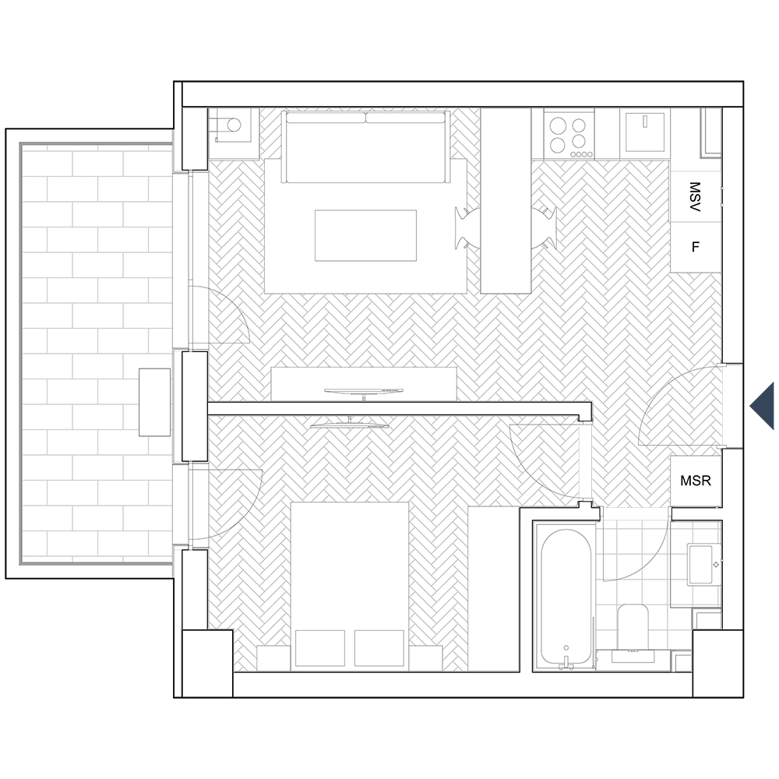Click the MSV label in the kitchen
pyautogui.click(x=695, y=197)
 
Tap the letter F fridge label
pyautogui.click(x=696, y=246)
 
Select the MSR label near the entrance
pyautogui.click(x=696, y=481)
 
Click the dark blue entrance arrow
pyautogui.click(x=762, y=406)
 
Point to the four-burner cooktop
pyautogui.click(x=569, y=134)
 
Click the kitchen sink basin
pyautogui.click(x=645, y=132)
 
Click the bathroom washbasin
pyautogui.click(x=703, y=564)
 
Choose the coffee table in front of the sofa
pyautogui.click(x=365, y=235)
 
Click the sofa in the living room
pyautogui.click(x=365, y=147)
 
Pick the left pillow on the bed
pyautogui.click(x=320, y=648)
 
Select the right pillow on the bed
pyautogui.click(x=379, y=648)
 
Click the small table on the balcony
pyautogui.click(x=154, y=403)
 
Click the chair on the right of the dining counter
pyautogui.click(x=544, y=228)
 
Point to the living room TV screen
pyautogui.click(x=364, y=391)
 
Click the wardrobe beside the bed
pyautogui.click(x=494, y=589)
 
